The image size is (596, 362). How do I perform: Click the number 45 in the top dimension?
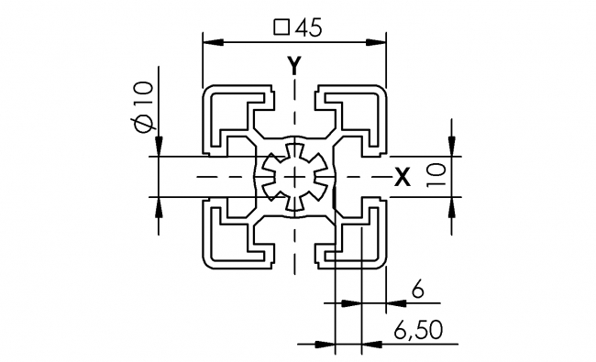pyautogui.click(x=308, y=27)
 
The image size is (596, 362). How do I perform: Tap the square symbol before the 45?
pyautogui.click(x=281, y=27)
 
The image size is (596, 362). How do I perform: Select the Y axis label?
pyautogui.click(x=293, y=65)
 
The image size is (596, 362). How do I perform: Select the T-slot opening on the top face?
pyautogui.click(x=293, y=93)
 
